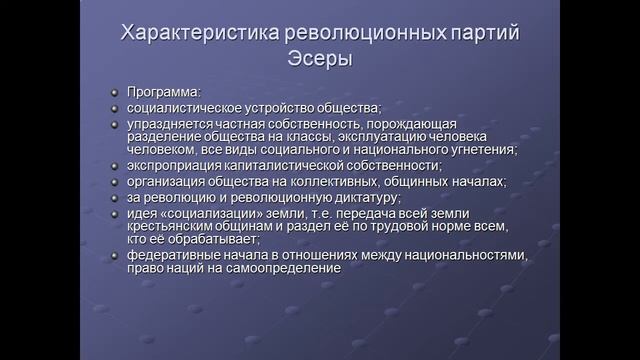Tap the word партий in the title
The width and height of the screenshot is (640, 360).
pos(478,34)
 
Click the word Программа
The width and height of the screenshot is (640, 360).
pos(163,90)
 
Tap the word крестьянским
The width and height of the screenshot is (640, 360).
pos(175,227)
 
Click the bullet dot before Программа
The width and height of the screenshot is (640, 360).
pos(115,91)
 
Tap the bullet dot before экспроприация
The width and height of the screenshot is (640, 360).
pos(115,167)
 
